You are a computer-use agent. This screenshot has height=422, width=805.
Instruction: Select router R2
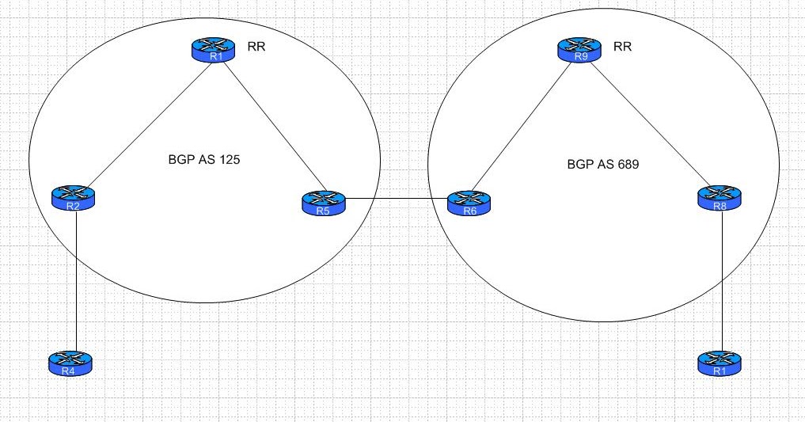pos(73,198)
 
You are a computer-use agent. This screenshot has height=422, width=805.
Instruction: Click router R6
pos(469,202)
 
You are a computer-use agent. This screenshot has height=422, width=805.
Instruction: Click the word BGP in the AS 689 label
pos(579,166)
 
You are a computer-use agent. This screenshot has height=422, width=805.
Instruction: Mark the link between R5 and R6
pos(396,199)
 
